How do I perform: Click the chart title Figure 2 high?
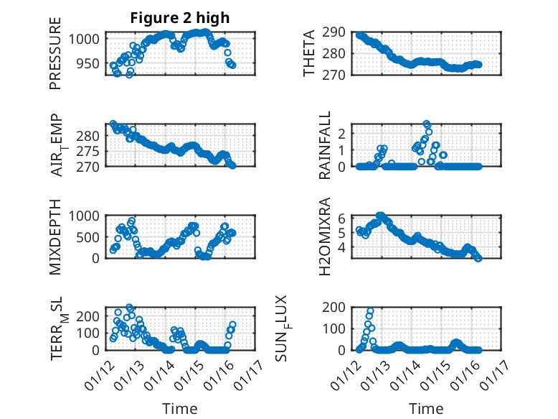pos(179,18)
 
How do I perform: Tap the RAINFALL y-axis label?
pos(325,145)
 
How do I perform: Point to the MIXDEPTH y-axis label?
pos(56,236)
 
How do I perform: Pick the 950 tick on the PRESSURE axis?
pos(91,63)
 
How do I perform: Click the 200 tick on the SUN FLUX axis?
pos(337,308)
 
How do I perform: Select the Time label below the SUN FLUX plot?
pos(426,408)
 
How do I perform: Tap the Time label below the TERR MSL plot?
pos(179,408)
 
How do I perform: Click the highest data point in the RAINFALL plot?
pos(426,124)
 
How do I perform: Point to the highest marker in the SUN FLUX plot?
pos(371,312)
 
